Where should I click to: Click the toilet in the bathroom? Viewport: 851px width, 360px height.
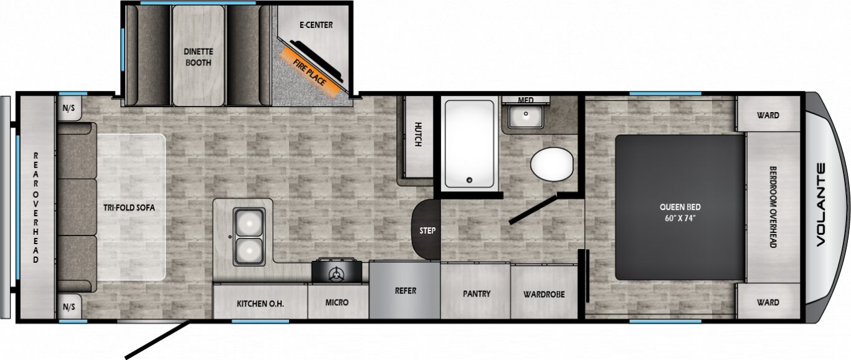point(551,164)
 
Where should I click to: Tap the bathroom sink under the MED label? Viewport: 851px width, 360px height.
point(526,116)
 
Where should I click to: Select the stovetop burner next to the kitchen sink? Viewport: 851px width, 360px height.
point(336,271)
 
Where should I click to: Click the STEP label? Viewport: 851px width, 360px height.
point(427,230)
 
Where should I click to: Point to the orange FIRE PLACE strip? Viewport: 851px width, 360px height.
point(310,72)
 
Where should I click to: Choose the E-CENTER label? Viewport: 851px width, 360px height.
point(316,25)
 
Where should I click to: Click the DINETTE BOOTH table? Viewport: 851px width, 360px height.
point(198,56)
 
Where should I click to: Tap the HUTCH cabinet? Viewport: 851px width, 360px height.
point(418,136)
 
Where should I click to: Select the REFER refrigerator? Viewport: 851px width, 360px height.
point(405,290)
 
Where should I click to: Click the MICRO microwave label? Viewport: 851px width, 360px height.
point(337,302)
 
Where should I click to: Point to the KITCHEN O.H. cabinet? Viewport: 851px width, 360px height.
point(260,301)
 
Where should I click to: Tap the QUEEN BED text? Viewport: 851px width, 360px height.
point(680,207)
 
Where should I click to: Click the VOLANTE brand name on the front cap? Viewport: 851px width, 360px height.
point(820,205)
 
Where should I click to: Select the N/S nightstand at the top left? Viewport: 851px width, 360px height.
point(69,108)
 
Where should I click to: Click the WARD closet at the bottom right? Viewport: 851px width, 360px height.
point(768,302)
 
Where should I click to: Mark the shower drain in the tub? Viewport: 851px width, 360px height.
point(470,181)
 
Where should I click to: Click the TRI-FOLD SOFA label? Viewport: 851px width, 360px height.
point(129,208)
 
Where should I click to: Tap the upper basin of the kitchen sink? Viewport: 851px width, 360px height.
point(249,222)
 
